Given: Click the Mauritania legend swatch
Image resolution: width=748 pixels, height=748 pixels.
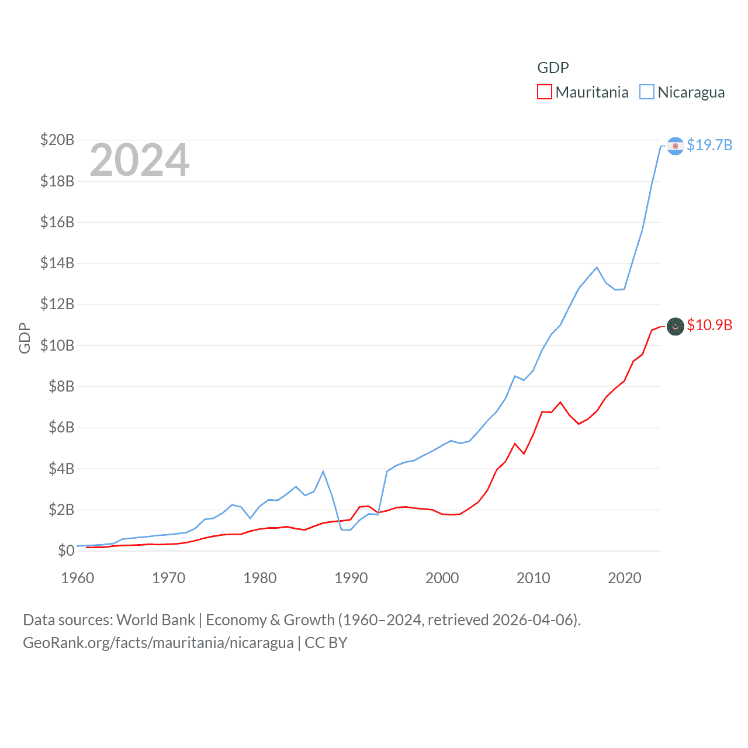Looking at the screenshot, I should tap(544, 92).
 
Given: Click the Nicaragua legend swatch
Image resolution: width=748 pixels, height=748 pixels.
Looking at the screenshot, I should tap(646, 92).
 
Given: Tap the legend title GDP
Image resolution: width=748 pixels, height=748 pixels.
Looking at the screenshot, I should tap(553, 68).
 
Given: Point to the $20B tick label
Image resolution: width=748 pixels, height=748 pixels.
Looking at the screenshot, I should tap(57, 140).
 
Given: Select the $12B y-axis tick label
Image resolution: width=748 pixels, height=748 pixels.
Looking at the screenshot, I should tap(57, 304).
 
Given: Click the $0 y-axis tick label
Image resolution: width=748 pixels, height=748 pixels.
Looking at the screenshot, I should tap(66, 550).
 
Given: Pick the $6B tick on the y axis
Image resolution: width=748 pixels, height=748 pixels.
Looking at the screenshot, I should tap(61, 427).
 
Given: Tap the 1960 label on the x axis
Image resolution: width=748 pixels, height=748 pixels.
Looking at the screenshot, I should tap(77, 578).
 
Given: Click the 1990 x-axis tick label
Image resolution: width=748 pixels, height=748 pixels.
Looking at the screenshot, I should tap(351, 578).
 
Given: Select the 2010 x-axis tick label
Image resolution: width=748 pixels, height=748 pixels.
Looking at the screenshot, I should tap(533, 578).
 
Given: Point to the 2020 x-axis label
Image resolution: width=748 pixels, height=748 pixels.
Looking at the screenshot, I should tap(624, 578).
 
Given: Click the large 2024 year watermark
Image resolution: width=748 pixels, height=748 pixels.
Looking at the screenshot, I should tap(140, 160).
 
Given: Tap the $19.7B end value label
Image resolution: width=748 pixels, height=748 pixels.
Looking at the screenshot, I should tap(709, 145).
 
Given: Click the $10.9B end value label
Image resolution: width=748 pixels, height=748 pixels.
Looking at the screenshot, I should tap(709, 325).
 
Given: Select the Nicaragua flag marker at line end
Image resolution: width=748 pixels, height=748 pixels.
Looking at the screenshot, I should tap(675, 146).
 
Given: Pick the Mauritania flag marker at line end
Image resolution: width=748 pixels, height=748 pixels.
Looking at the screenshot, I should tap(675, 326).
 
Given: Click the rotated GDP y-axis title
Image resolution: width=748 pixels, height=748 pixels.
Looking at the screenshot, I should tap(25, 338).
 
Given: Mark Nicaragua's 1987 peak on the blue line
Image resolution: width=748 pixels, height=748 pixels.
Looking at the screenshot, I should tap(323, 471).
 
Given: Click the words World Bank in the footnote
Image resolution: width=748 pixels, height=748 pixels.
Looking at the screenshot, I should tap(156, 620).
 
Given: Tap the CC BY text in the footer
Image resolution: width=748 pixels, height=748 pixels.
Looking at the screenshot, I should tap(326, 643).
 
